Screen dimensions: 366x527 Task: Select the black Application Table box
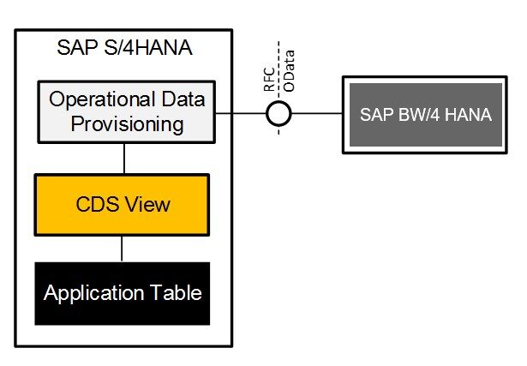[x=122, y=293]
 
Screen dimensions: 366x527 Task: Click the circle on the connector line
[x=278, y=112]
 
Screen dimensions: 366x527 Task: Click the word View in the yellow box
[x=151, y=205]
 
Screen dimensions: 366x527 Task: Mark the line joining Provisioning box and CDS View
[x=125, y=159]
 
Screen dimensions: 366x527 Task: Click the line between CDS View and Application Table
[x=122, y=249]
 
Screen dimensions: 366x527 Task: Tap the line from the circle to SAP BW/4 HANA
[x=317, y=112]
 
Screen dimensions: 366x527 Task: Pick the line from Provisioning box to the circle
[x=240, y=112]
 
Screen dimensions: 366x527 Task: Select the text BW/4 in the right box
[x=423, y=115]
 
